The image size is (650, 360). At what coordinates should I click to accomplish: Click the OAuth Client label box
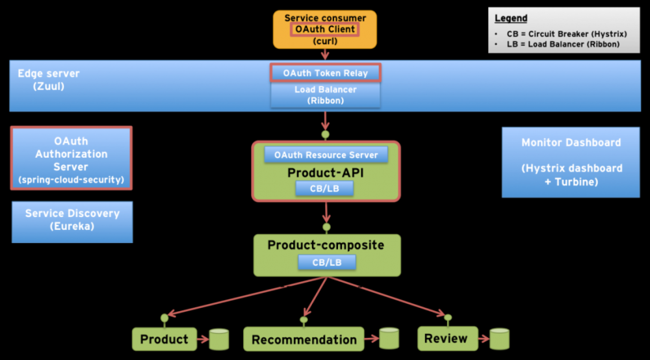[325, 29]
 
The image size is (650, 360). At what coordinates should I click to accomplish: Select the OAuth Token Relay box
[325, 73]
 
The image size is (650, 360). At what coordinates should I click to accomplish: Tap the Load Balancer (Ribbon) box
[325, 95]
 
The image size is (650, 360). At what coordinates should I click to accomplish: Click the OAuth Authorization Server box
[71, 159]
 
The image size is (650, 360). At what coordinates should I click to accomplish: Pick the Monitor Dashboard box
[571, 162]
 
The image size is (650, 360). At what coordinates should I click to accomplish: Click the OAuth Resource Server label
[326, 155]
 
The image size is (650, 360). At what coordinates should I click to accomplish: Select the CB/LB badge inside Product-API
[325, 188]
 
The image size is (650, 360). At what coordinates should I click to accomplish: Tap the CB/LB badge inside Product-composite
[327, 262]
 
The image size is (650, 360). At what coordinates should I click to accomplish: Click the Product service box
[164, 339]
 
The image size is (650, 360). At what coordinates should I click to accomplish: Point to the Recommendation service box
[304, 339]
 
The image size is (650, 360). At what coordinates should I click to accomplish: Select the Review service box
[446, 338]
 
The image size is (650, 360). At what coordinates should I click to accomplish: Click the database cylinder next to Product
[219, 339]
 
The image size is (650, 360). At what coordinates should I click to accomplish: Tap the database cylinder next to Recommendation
[389, 338]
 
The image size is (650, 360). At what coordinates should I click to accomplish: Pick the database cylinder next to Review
[499, 339]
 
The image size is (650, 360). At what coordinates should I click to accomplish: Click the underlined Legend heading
[511, 18]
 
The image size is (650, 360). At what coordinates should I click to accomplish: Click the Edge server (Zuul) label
[49, 79]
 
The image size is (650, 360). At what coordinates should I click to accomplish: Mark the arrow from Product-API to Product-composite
[326, 213]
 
